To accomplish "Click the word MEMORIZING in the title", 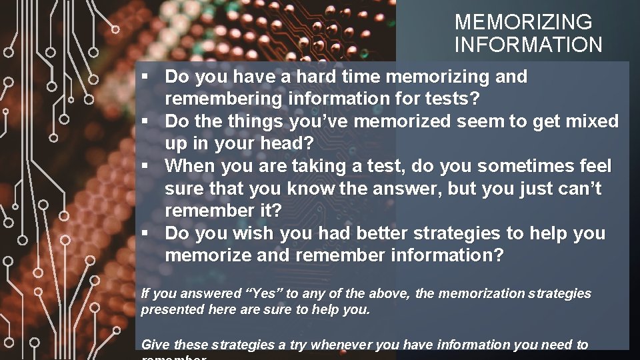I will tap(523, 22).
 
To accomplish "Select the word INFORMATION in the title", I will tap(528, 45).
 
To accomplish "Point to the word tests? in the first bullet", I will tap(453, 99).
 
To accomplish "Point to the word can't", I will tap(575, 189).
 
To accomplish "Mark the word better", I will tap(382, 233).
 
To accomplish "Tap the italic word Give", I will tap(155, 345).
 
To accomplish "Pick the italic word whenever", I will tap(341, 345).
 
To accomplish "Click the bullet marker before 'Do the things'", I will tap(144, 122).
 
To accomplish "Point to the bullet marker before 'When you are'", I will tap(144, 166).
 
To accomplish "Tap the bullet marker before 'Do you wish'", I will tap(144, 234).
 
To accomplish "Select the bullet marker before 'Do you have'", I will tap(144, 77).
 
